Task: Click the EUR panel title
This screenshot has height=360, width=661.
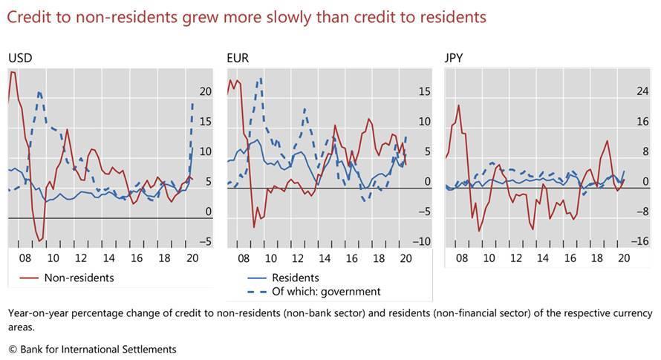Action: click(x=238, y=57)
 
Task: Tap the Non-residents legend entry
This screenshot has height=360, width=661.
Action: click(x=79, y=278)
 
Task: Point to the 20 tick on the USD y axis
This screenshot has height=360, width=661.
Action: click(x=205, y=91)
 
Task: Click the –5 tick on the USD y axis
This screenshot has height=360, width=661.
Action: click(x=205, y=241)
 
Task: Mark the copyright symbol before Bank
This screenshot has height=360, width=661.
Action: click(x=13, y=348)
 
